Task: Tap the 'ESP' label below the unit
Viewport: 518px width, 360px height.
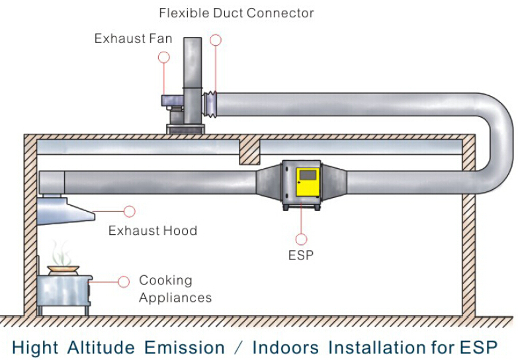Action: click(301, 255)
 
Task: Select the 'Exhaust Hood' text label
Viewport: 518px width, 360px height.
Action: click(153, 230)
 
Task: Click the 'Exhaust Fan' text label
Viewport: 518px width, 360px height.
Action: click(133, 38)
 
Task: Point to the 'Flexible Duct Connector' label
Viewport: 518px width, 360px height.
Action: click(236, 13)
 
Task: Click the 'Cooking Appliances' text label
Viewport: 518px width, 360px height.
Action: click(175, 289)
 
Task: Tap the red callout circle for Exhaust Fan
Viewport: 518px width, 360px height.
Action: click(164, 57)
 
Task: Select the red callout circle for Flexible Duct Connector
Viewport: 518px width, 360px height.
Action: click(216, 40)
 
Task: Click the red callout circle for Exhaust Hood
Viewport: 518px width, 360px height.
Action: click(130, 211)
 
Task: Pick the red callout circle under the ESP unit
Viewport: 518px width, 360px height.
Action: click(301, 239)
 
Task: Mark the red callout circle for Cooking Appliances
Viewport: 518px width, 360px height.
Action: click(124, 282)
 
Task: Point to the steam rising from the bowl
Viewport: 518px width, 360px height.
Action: click(61, 253)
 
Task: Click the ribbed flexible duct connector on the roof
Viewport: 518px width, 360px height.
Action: click(210, 105)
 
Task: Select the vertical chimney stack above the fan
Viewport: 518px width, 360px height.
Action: click(193, 63)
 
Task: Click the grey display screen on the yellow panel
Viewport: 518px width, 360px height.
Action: click(308, 175)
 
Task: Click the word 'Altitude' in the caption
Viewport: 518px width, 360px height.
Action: click(101, 347)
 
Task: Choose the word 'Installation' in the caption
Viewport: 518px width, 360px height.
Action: click(377, 347)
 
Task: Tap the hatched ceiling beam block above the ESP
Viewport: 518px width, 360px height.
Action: click(249, 152)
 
